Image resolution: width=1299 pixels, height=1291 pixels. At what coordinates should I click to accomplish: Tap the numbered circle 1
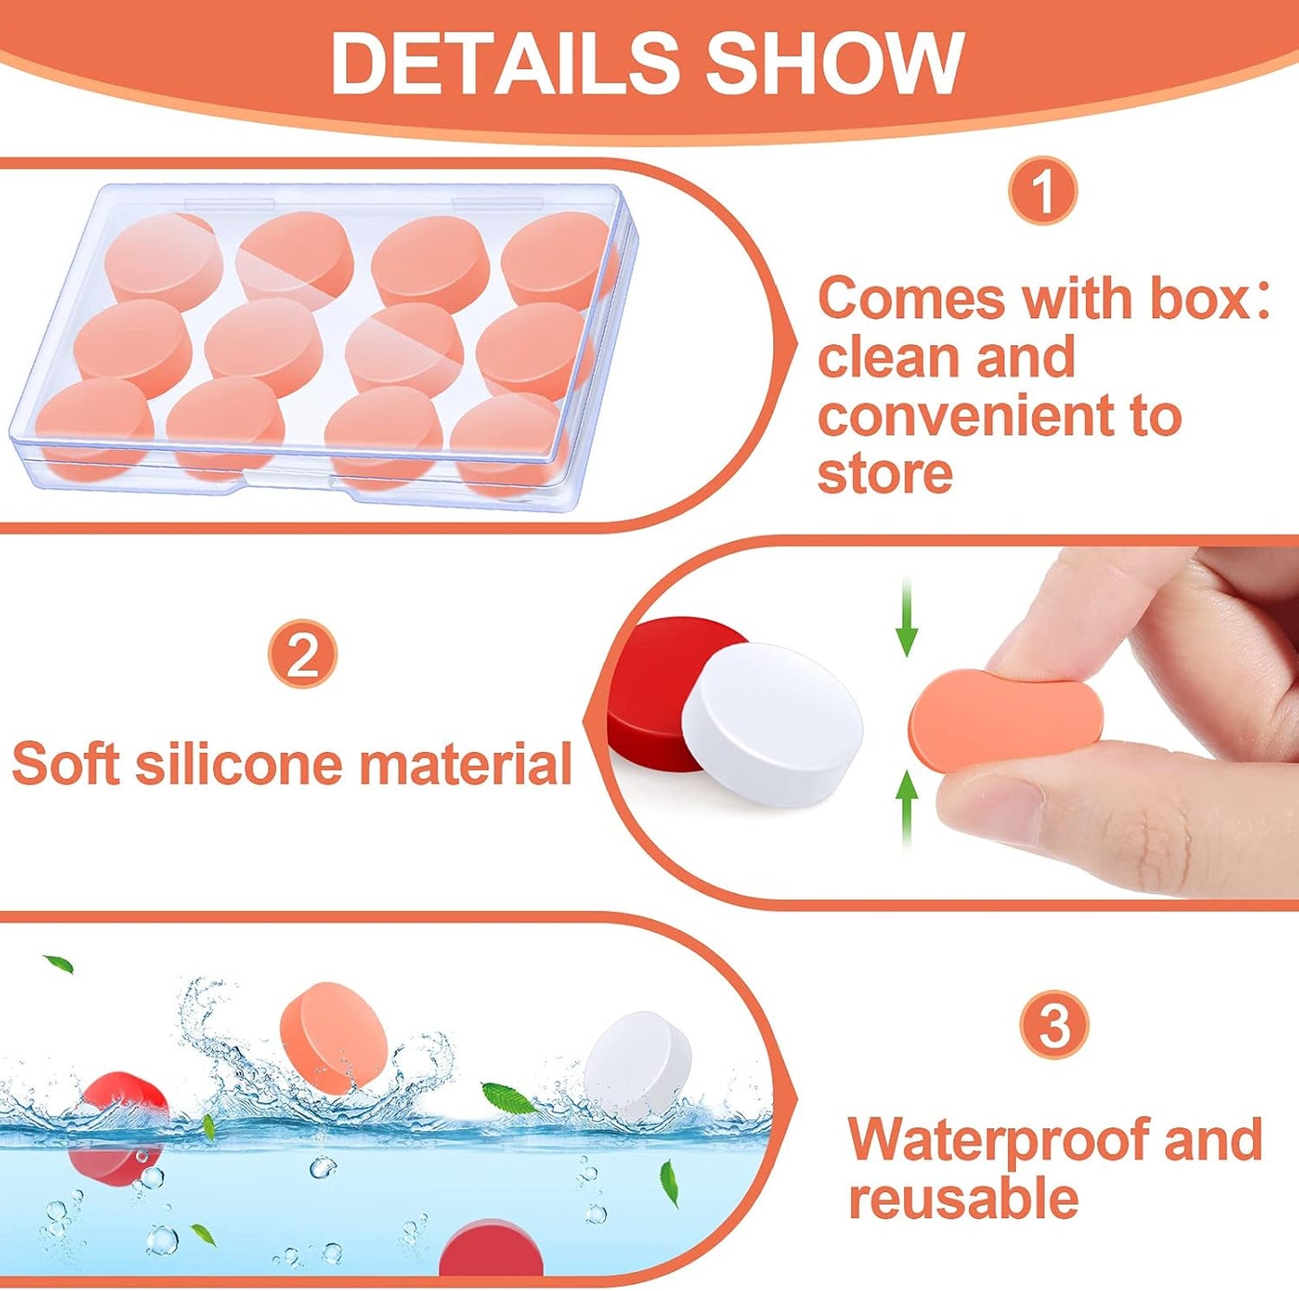pos(1043,191)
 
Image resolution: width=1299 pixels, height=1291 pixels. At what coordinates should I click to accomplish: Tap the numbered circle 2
pos(303,659)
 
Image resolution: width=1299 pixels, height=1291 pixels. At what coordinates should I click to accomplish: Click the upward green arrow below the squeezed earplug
pos(908,810)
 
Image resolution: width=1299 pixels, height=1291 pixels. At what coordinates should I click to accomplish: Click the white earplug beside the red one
pos(772,723)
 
